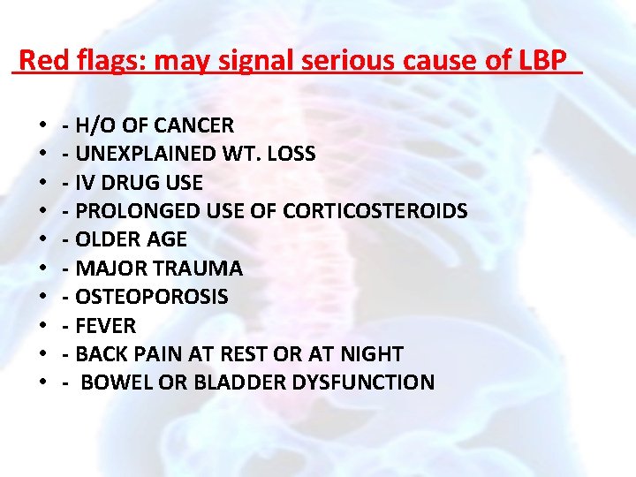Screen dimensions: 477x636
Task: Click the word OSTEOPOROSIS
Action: coord(151,297)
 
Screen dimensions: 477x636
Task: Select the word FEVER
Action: coord(106,326)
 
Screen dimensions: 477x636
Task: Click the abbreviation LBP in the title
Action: coord(544,61)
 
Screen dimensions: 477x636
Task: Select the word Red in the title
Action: coord(38,61)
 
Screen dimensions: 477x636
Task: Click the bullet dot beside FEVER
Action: coord(43,326)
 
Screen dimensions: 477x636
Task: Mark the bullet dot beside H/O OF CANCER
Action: coord(43,125)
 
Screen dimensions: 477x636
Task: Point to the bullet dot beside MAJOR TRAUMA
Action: coord(43,269)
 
